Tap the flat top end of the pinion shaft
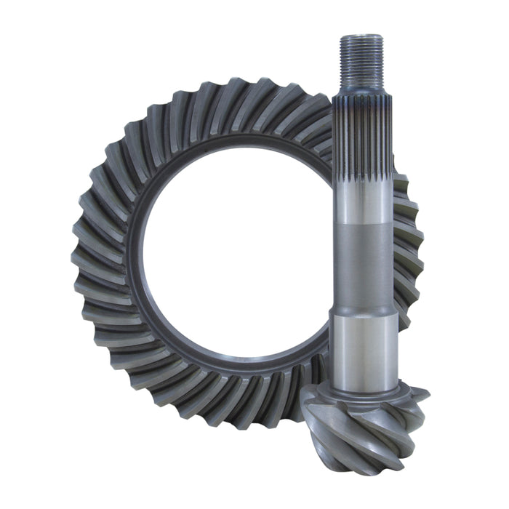(x=361, y=36)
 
